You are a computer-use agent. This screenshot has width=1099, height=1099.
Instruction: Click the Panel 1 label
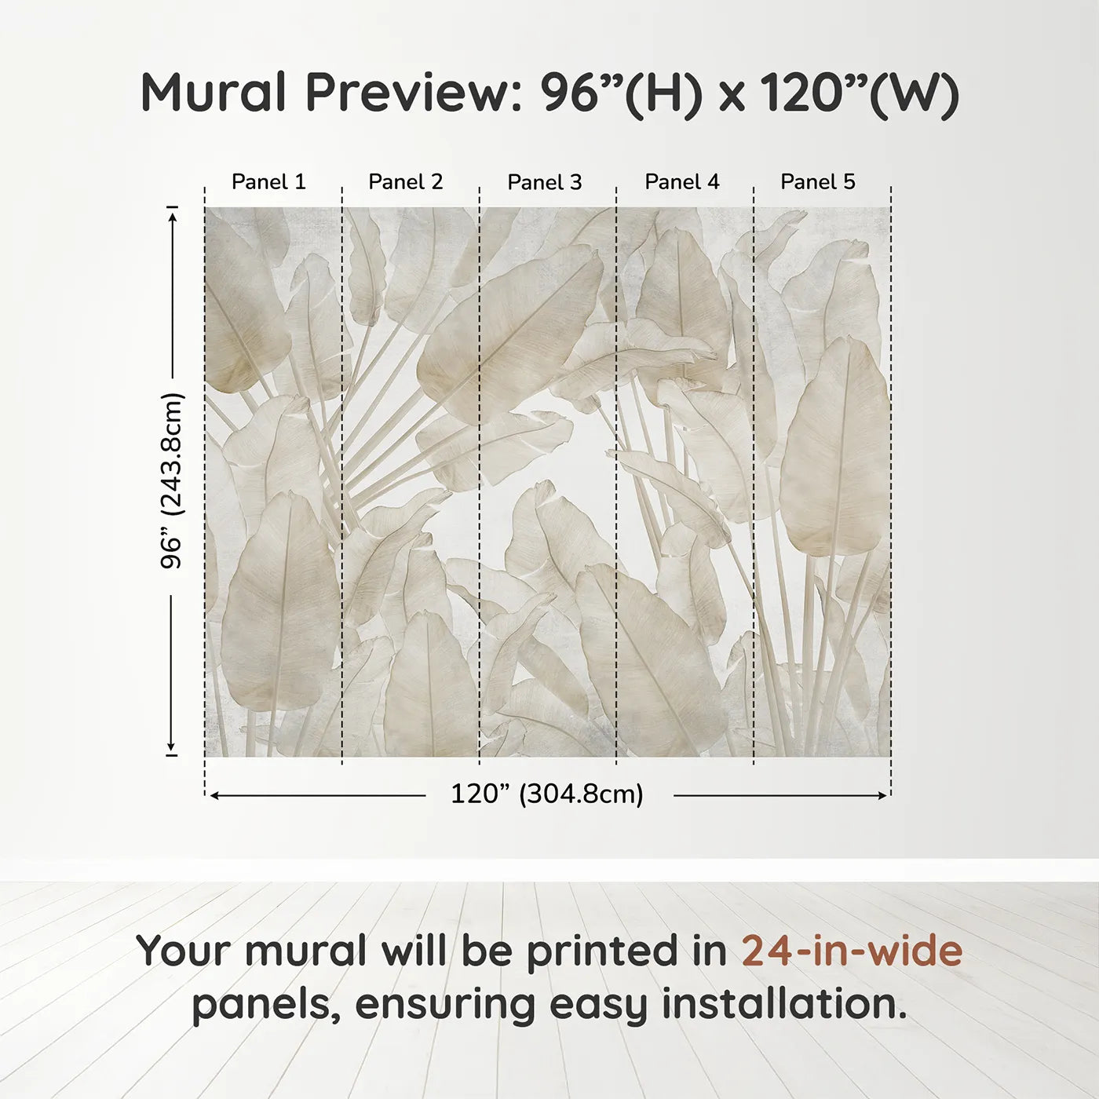click(x=268, y=182)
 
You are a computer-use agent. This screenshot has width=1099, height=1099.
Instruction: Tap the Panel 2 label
click(x=405, y=182)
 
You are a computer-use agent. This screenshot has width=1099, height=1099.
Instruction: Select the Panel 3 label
click(x=544, y=183)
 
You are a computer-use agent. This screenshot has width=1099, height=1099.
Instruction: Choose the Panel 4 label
click(x=681, y=182)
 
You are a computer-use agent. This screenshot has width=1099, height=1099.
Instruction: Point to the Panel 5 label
click(x=817, y=182)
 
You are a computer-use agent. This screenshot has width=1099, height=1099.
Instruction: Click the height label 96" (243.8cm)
click(x=172, y=480)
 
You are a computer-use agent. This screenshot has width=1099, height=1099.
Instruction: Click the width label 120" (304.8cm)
click(x=546, y=794)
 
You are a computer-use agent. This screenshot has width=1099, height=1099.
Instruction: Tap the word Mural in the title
click(x=214, y=93)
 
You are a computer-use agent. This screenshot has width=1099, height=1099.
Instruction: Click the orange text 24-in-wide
click(x=852, y=951)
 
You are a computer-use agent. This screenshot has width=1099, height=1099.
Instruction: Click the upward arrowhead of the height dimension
click(x=172, y=214)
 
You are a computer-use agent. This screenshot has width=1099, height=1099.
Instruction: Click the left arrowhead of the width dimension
click(x=214, y=795)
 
